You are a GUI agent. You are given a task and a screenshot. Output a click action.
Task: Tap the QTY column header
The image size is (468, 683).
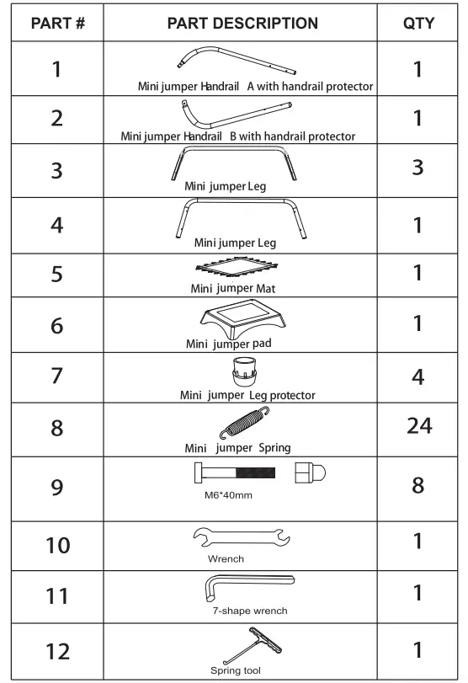point(418,23)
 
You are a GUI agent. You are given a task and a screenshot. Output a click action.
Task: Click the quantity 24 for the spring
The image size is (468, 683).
point(418,426)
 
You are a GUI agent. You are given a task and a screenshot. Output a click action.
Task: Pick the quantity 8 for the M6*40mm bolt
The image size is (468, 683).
point(418,487)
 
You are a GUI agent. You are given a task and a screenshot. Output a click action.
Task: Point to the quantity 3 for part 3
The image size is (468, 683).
point(418,167)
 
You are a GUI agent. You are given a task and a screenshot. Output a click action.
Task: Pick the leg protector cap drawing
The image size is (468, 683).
point(244,370)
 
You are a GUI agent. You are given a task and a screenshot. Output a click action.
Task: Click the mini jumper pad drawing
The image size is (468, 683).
point(244,319)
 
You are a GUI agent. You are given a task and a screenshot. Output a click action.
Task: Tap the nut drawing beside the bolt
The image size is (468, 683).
point(312,473)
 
